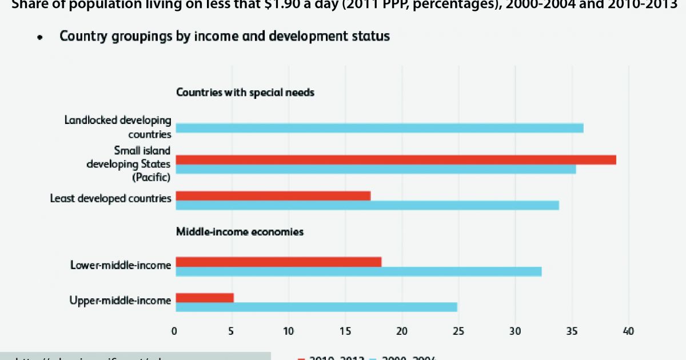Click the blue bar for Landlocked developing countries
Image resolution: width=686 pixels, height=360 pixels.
tap(380, 128)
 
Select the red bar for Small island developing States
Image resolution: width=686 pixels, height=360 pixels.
tap(396, 160)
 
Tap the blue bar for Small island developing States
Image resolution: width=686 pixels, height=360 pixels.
tap(376, 169)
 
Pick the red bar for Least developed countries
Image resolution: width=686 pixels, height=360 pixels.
tap(273, 196)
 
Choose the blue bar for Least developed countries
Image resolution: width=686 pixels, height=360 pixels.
tap(367, 205)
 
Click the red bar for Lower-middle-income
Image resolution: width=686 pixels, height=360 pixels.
tap(278, 262)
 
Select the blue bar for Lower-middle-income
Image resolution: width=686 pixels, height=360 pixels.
tap(358, 271)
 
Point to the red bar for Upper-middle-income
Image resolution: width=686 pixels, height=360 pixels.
tap(205, 298)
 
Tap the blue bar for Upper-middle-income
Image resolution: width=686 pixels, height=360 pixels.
tap(316, 307)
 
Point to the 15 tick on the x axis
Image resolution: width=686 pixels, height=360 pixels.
tap(345, 331)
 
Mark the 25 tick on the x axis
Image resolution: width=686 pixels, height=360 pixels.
tap(458, 331)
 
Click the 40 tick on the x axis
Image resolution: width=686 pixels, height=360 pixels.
tap(629, 331)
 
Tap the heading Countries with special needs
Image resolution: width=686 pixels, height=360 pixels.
tap(245, 92)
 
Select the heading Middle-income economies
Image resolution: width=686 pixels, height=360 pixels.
tap(240, 232)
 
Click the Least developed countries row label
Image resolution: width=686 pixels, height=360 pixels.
tap(110, 199)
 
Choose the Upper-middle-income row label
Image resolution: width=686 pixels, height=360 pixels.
tap(120, 301)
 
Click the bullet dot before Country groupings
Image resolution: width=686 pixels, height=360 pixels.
tap(40, 38)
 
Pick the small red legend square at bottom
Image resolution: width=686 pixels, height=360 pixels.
tap(301, 358)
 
